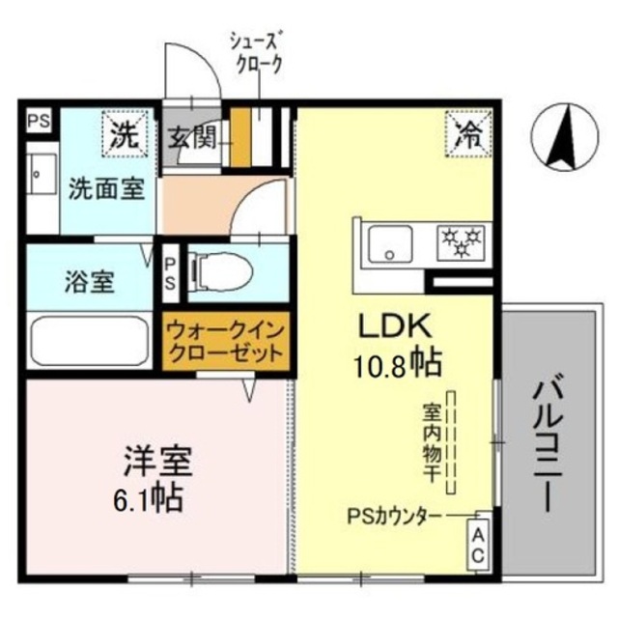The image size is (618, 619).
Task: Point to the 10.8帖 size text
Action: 398,363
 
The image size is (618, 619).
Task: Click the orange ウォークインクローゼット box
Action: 225,344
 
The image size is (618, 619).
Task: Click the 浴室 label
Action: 91,284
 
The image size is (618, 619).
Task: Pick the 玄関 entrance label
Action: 194,138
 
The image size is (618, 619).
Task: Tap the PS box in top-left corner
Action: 40,121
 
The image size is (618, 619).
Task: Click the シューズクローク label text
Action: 256,52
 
